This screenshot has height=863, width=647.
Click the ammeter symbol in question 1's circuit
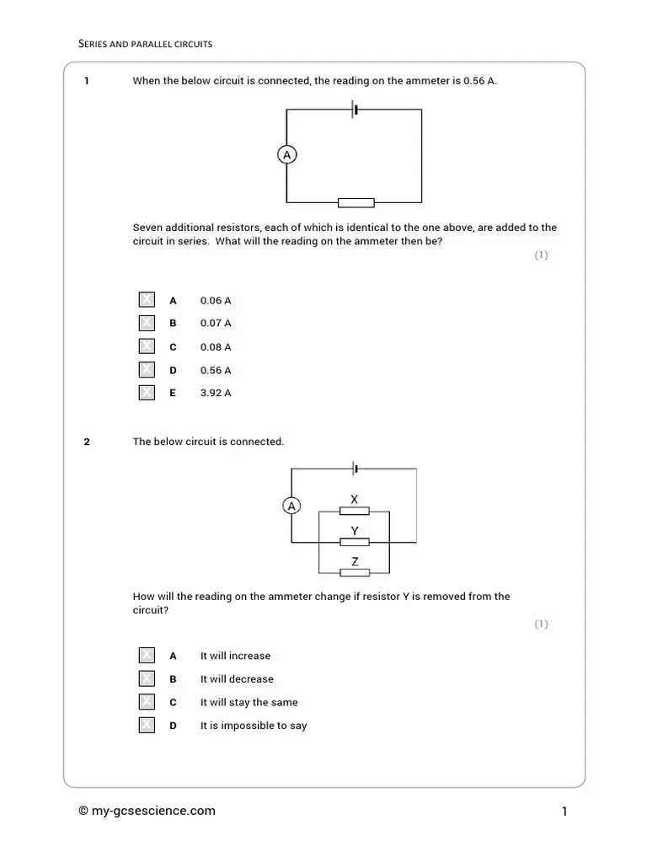(287, 155)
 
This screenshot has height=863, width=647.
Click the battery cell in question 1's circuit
(355, 110)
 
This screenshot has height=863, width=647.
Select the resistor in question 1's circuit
(356, 202)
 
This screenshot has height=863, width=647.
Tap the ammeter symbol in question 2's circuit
(291, 506)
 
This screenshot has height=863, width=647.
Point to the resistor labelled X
(355, 511)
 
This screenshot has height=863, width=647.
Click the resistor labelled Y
(355, 541)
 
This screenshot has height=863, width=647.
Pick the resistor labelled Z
(355, 572)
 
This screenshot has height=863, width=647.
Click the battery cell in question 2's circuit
(356, 469)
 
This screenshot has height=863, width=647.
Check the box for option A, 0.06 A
(147, 300)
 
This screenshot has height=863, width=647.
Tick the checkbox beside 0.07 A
(147, 323)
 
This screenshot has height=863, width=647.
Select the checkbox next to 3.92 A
(147, 392)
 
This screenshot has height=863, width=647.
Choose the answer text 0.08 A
(216, 346)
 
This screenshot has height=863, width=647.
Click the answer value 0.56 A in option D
(216, 370)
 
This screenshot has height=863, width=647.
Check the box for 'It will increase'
(147, 656)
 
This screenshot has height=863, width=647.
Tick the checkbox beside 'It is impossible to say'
(147, 725)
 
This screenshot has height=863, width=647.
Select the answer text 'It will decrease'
(237, 678)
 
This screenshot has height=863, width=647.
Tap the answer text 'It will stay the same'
(249, 702)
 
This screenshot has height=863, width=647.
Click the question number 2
(87, 442)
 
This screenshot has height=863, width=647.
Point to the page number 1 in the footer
(564, 812)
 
